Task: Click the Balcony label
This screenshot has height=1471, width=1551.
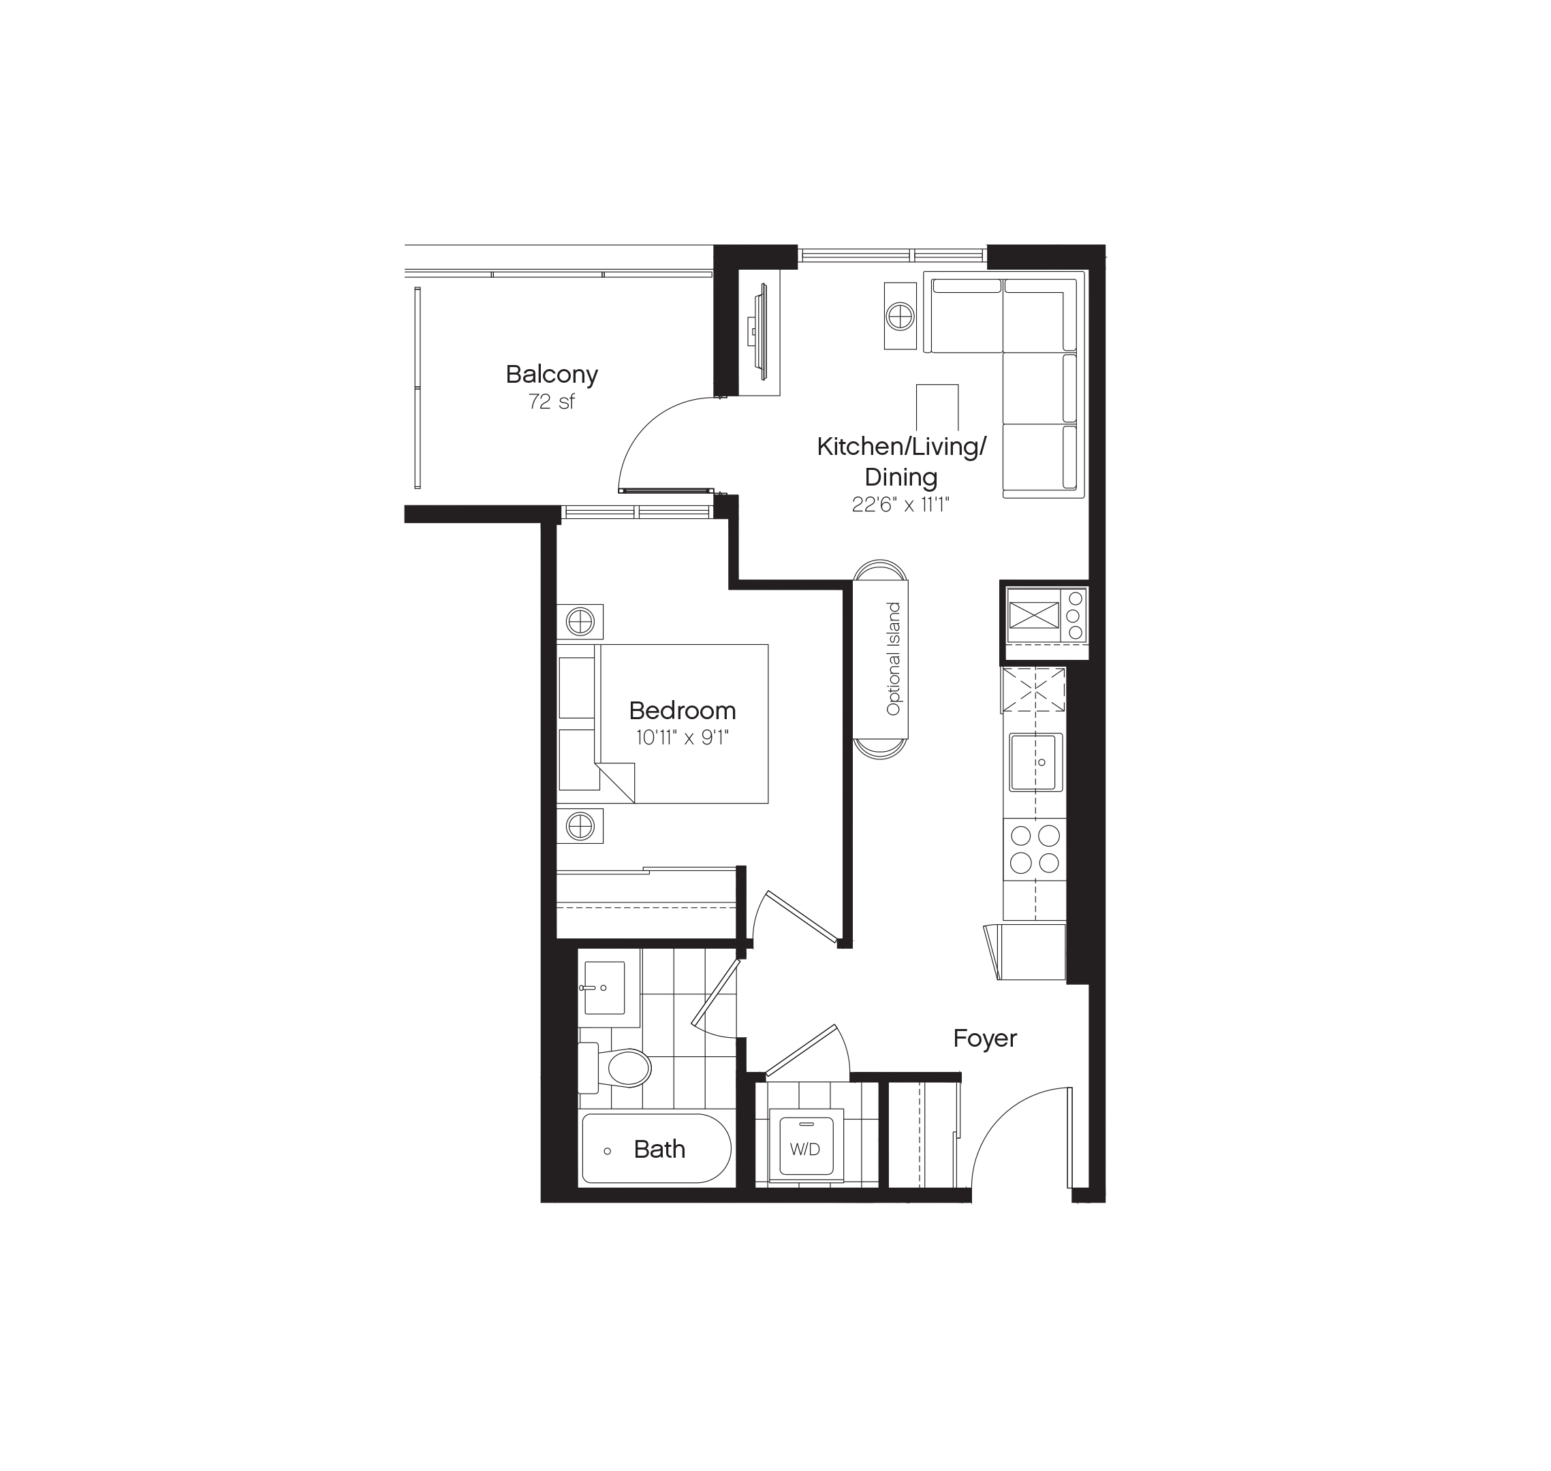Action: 551,374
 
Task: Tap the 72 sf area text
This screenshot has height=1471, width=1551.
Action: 551,402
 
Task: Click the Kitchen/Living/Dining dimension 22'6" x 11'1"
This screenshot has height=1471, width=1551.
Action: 901,505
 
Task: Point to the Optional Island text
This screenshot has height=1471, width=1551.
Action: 893,659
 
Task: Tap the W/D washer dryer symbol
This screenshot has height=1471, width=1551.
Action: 805,1150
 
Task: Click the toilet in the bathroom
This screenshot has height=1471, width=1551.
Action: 623,1068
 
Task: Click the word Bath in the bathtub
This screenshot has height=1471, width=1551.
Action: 659,1150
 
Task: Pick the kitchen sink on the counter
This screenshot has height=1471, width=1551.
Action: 1035,762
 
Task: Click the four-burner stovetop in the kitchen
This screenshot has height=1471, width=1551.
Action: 1035,849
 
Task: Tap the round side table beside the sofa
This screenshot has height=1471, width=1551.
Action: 900,317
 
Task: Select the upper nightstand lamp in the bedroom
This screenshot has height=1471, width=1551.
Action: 580,622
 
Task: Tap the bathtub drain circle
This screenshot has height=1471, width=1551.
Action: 607,1151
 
